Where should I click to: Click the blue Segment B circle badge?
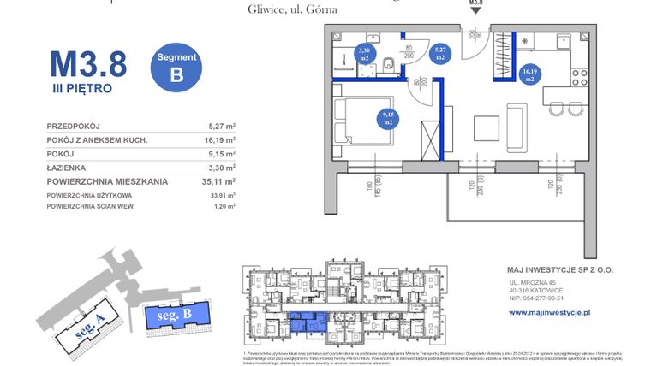point(177,66)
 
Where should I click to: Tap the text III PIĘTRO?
point(81,87)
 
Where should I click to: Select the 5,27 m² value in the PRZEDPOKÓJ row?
point(222,126)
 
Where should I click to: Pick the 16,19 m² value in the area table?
point(220,139)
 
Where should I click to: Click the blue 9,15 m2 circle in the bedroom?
point(387,118)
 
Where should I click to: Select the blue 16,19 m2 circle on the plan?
point(529,74)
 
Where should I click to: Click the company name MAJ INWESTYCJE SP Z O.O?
point(560,269)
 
